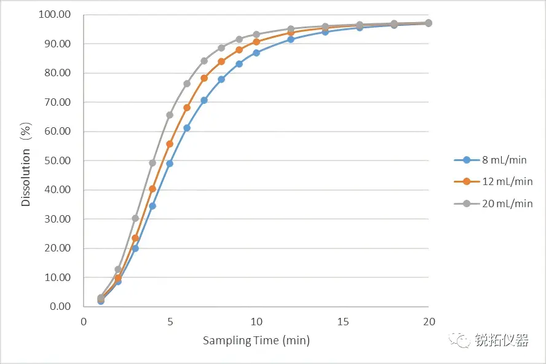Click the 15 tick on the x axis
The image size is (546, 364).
click(342, 322)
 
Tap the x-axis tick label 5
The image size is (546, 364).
click(170, 322)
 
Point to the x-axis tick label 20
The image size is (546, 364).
click(429, 322)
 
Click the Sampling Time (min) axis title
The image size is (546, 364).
click(256, 341)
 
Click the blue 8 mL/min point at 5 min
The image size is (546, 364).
click(170, 164)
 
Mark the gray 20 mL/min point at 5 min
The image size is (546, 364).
click(170, 115)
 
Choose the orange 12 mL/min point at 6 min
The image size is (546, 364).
click(187, 108)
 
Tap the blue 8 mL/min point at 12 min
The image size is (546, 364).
click(291, 39)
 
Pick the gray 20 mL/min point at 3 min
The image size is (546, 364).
click(135, 218)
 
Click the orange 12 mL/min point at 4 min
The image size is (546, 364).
click(152, 189)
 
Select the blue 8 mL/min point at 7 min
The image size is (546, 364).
click(204, 100)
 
